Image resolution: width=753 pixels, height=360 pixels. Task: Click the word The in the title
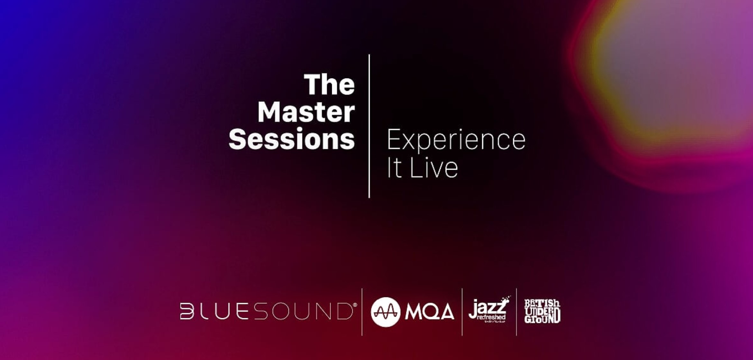(329, 85)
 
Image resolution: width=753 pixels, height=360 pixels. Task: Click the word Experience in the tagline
(456, 140)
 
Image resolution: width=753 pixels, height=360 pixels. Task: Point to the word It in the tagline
(395, 167)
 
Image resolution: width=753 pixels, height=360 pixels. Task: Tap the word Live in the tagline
(433, 167)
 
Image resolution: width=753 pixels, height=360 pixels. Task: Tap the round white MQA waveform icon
(386, 312)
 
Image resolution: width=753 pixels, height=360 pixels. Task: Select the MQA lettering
(430, 312)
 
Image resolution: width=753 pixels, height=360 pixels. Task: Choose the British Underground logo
(542, 311)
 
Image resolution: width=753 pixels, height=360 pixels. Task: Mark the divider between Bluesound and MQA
(362, 312)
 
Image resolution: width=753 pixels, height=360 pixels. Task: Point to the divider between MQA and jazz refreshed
(462, 312)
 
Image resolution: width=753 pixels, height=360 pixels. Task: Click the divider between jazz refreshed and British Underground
(516, 312)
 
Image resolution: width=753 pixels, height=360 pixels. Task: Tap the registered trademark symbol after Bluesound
(355, 305)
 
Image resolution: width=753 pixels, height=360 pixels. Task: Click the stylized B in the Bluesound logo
(186, 311)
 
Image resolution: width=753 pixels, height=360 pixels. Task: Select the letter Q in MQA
(430, 312)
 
